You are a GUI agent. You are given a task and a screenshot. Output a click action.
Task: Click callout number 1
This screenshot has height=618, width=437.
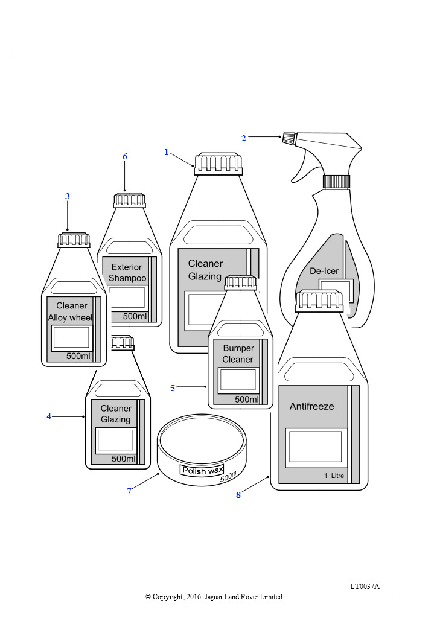pos(166,152)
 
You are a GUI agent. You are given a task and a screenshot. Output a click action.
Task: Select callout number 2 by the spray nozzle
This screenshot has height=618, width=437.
pos(243,138)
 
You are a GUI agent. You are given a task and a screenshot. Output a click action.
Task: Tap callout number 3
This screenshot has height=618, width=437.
pos(68,196)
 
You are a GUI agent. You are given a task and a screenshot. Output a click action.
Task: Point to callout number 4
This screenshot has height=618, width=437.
pos(49,416)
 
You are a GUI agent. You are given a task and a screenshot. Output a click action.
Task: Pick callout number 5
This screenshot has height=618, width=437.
pos(173,388)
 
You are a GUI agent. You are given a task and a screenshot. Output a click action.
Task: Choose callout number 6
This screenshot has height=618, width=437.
pos(125,156)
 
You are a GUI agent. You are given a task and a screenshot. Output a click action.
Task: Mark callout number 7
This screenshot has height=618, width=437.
pos(129,491)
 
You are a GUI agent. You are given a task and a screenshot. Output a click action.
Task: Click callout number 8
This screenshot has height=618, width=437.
pos(238,495)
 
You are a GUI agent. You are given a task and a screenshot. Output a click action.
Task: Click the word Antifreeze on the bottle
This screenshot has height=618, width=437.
pos(311,406)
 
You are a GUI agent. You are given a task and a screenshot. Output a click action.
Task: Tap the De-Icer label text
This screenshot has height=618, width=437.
pos(324,271)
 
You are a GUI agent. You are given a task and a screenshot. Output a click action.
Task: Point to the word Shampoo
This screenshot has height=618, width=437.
pos(127,278)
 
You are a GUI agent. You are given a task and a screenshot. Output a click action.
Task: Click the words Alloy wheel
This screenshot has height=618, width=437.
pos(70,317)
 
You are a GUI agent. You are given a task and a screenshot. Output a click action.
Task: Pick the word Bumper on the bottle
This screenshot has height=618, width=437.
pos(238,348)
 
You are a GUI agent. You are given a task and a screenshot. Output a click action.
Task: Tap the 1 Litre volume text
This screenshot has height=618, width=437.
pos(334,476)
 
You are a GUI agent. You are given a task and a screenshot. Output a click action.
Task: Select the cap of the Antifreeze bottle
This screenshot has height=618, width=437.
pos(319,301)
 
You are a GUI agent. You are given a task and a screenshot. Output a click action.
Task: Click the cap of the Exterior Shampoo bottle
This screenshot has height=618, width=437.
pos(130,200)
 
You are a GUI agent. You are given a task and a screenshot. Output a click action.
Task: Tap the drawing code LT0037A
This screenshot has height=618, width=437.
pos(365,587)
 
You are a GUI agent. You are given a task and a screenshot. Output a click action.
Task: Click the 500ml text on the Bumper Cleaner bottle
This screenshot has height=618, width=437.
pos(247,400)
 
